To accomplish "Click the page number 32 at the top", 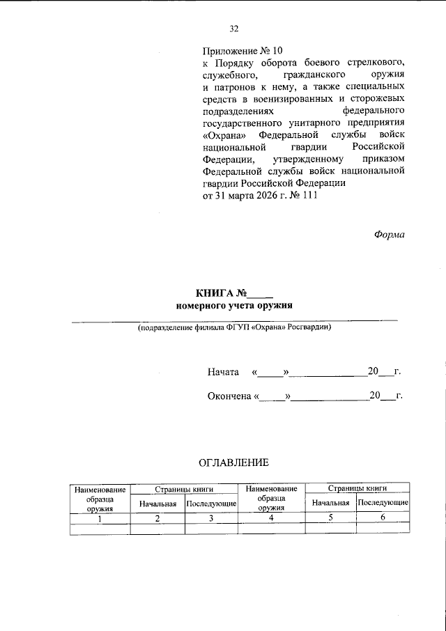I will (x=233, y=29).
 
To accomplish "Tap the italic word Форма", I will (x=389, y=234).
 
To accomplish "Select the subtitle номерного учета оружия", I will (x=234, y=306).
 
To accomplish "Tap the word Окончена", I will (x=229, y=396).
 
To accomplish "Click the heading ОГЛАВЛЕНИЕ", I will (x=233, y=462).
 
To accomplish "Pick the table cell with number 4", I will (x=271, y=518).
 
